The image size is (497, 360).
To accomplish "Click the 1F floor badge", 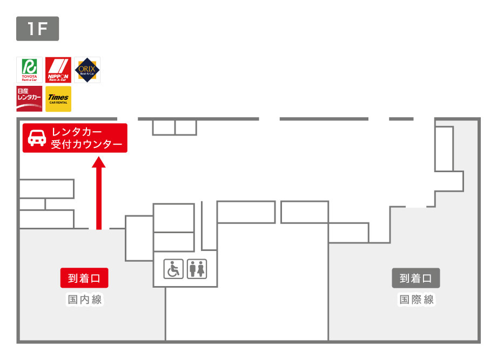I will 37,29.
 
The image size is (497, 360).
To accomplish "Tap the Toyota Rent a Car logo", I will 29,70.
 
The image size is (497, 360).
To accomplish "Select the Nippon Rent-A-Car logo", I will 58,70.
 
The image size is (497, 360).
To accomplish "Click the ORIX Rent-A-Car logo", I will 87,70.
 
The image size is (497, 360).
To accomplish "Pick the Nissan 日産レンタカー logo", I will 29,99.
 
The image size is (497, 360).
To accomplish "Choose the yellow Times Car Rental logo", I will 58,99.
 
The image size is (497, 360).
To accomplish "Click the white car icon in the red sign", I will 37,138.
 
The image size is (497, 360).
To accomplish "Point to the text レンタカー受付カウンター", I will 86,138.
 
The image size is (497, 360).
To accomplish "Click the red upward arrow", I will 98,194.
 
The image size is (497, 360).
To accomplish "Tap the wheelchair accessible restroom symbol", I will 174,269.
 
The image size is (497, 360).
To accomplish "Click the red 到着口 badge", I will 84,279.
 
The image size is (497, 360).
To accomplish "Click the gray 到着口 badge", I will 416,279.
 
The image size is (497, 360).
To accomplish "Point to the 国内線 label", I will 84,300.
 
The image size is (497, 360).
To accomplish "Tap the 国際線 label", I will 417,300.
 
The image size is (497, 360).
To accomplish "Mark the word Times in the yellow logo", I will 58,97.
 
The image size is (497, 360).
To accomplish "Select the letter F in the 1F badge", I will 43,29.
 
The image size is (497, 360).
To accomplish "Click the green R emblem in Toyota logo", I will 29,66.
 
